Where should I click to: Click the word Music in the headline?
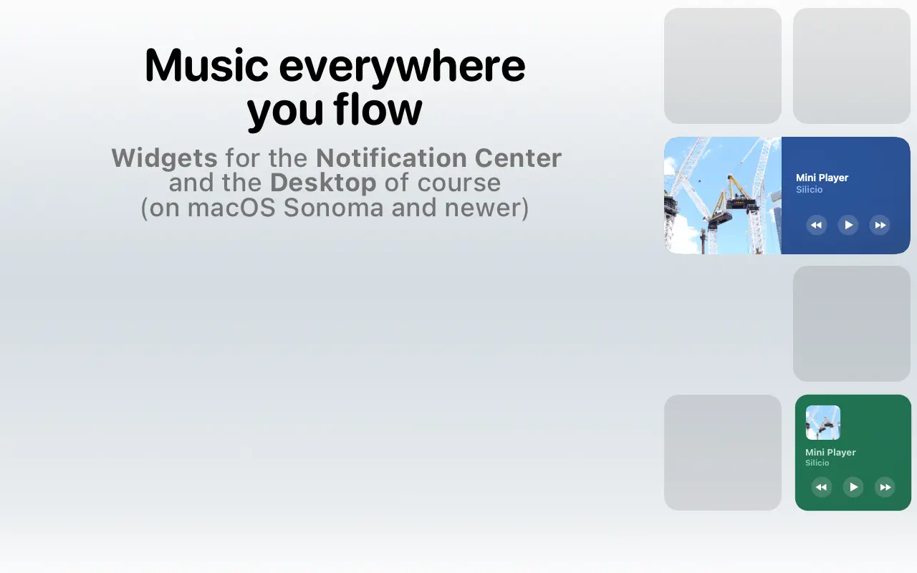click(x=207, y=65)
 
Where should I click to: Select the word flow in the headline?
click(x=378, y=108)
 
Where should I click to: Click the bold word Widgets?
click(x=164, y=158)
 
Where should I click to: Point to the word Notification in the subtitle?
click(x=391, y=158)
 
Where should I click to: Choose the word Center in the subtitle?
click(x=518, y=158)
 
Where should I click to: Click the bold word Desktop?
click(x=323, y=183)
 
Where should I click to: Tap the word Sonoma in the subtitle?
click(x=333, y=208)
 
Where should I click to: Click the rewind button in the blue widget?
click(x=816, y=225)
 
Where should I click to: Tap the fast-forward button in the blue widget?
click(x=880, y=225)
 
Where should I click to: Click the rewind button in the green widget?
click(x=822, y=487)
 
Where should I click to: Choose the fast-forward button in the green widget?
click(x=885, y=487)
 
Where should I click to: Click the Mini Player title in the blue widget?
click(x=822, y=178)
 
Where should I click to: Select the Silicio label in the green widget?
click(x=817, y=463)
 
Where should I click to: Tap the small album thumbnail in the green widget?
click(x=823, y=423)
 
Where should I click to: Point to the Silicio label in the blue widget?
click(x=810, y=190)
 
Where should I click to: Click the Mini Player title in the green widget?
click(x=830, y=452)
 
